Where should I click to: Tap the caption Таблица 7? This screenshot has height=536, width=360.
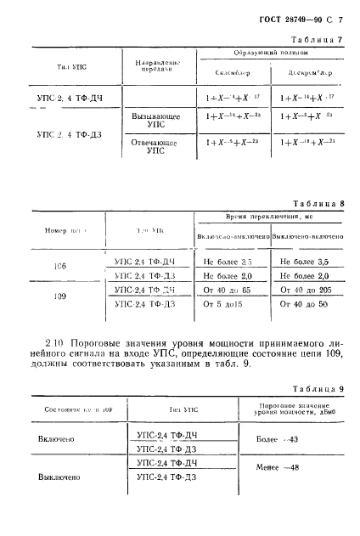pyautogui.click(x=318, y=40)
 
